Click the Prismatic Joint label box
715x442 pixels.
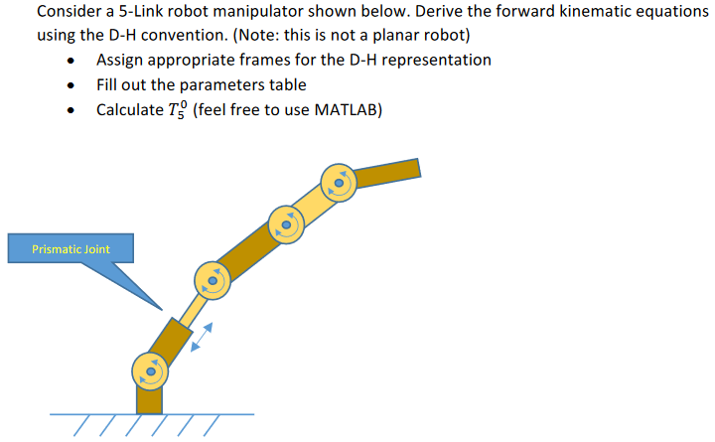pos(71,248)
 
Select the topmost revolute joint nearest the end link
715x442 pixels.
pos(339,181)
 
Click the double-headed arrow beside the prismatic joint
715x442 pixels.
pos(201,336)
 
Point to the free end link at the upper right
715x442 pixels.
pos(387,173)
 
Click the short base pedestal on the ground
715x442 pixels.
pos(149,399)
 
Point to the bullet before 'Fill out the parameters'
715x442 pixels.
pos(71,85)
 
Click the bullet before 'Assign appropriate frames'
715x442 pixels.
pos(71,61)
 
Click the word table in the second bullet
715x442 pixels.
pos(287,84)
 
